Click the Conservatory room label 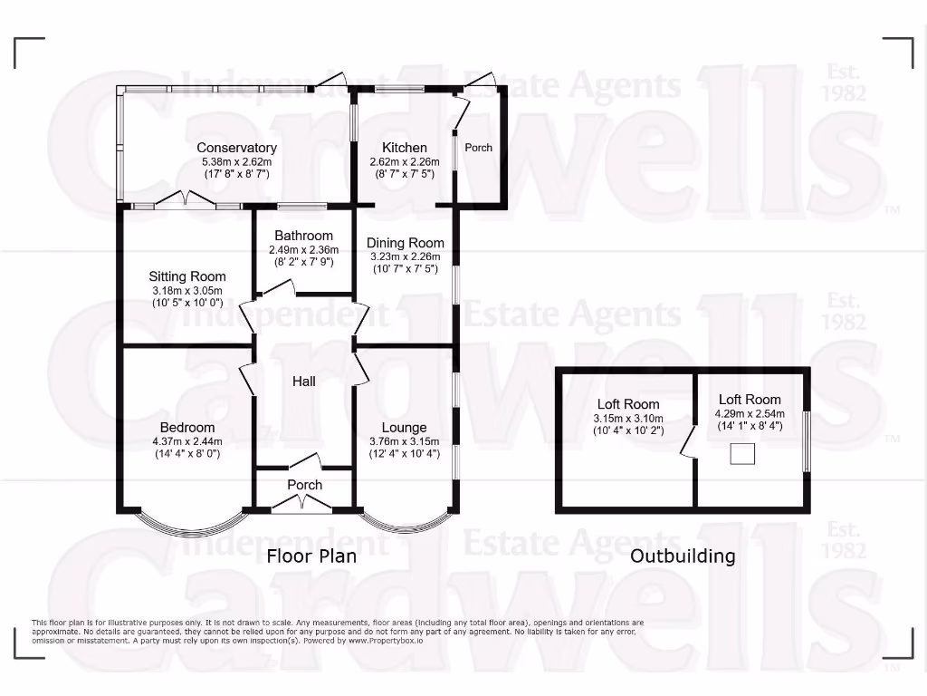(236, 148)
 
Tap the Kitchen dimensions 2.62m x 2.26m (404, 162)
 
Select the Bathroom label (303, 236)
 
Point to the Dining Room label (405, 243)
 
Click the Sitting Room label (187, 276)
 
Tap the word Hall (303, 382)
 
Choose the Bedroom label (187, 428)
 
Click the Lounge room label (404, 428)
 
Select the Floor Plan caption (311, 556)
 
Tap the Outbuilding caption (683, 556)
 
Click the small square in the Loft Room (742, 454)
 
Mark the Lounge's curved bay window (405, 526)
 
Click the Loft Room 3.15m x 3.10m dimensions (628, 419)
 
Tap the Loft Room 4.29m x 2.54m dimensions (750, 413)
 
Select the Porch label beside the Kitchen (478, 147)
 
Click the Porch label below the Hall (304, 485)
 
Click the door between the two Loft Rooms (689, 441)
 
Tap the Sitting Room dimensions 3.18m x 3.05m (187, 290)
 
